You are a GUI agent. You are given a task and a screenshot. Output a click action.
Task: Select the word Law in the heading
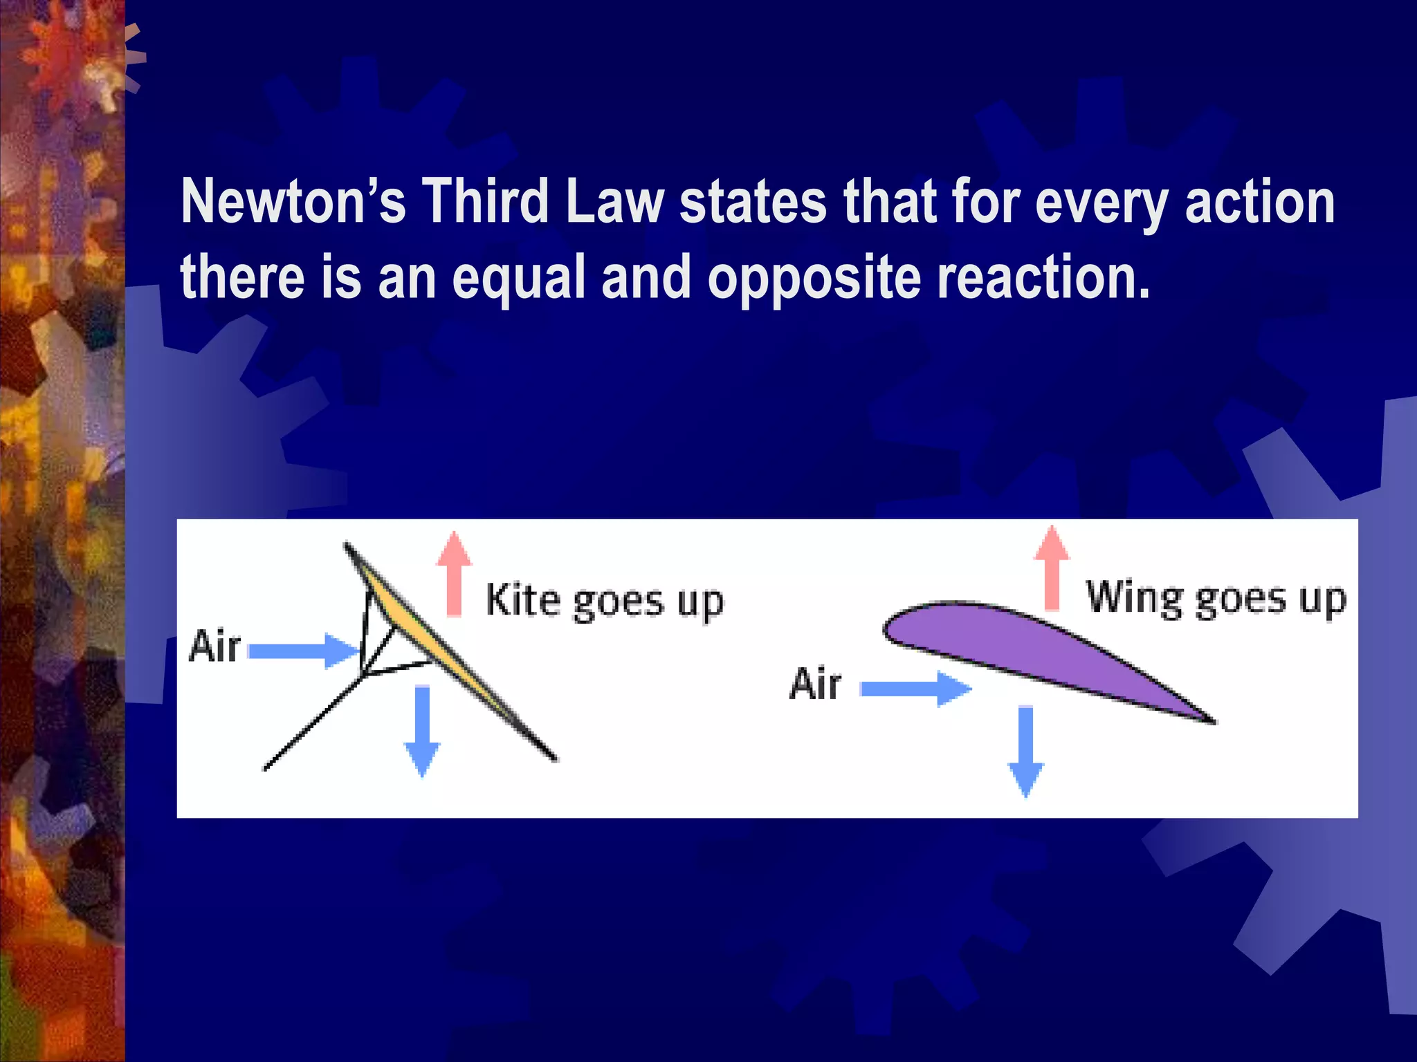pos(614,202)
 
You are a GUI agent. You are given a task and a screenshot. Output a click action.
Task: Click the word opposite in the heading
pos(814,278)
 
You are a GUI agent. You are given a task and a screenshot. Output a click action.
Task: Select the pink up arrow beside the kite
pos(454,574)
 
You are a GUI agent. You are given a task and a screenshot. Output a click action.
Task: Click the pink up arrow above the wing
pos(1052,568)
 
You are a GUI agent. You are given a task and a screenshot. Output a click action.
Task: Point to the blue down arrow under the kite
pos(422,729)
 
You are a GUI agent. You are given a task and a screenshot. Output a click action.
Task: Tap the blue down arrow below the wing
pos(1025,750)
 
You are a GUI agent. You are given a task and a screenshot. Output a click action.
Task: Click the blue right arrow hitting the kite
pos(303,651)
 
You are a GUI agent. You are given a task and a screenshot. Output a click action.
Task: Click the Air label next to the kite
pos(214,646)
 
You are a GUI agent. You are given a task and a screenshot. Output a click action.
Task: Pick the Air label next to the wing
pos(815,684)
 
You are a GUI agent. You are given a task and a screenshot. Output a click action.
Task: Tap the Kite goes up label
pos(604,600)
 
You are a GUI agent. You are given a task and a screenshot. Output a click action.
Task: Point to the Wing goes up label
pos(1216,598)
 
